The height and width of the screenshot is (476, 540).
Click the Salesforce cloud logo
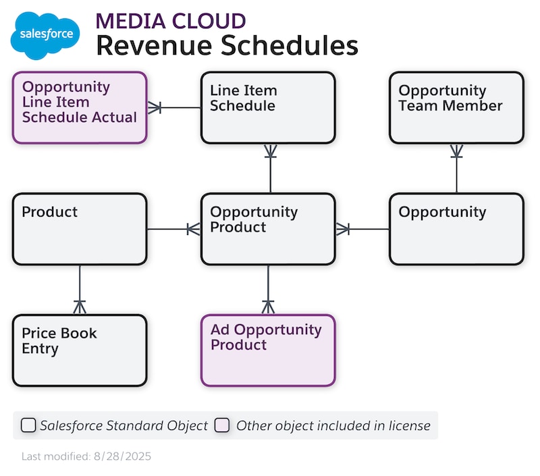coord(45,35)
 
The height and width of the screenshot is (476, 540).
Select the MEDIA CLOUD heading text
coord(170,20)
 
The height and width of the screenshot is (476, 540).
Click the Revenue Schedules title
coord(226,46)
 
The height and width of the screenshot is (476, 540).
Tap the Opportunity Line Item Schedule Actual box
coord(80,107)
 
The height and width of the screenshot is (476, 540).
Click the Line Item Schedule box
coord(268,107)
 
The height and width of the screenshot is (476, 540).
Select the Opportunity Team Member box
coord(456,107)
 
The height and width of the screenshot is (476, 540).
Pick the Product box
coord(80,229)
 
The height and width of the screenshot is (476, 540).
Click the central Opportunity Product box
coord(268,229)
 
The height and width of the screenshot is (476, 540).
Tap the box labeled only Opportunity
coord(456,229)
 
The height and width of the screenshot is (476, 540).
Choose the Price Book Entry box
coord(80,350)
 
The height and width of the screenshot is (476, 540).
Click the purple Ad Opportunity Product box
coord(268,350)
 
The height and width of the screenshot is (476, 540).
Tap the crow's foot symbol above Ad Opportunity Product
coord(269,307)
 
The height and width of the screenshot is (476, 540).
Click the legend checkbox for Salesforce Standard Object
coord(28,425)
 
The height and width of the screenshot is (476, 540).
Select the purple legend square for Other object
coord(222,425)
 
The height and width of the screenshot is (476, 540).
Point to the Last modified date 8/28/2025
coord(86,456)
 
